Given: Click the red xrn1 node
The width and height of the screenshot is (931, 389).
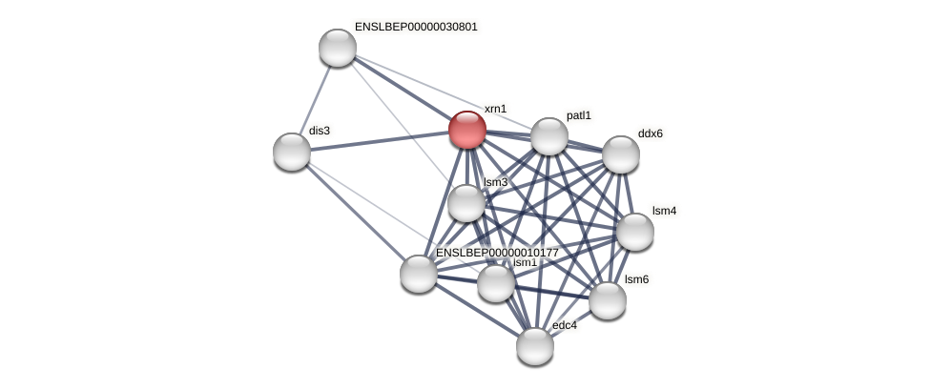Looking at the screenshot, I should click(467, 130).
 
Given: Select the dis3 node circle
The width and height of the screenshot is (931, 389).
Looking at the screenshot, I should click(292, 152).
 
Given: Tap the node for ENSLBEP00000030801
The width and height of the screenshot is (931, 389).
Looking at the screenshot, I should click(338, 48).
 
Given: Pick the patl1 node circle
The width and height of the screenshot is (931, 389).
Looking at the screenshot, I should click(549, 136).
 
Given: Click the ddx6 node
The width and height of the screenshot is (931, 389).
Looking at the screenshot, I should click(621, 154).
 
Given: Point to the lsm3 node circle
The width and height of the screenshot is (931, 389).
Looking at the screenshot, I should click(466, 203).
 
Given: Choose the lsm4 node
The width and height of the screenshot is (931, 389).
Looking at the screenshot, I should click(635, 232).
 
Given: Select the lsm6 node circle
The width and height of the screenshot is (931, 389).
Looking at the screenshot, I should click(608, 300).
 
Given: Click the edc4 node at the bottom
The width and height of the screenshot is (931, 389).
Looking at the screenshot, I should click(535, 346).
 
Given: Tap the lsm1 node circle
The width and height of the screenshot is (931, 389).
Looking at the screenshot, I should click(496, 283).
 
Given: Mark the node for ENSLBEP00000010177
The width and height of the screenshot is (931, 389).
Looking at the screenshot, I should click(419, 274).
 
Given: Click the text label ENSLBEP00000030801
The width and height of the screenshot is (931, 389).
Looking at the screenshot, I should click(416, 27).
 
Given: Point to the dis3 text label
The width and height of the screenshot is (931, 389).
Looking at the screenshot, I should click(320, 131).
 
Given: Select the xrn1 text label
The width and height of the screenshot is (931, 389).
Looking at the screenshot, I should click(495, 109).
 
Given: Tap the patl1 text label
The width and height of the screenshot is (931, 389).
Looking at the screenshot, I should click(578, 115).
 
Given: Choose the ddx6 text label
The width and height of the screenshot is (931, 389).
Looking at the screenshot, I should click(651, 133).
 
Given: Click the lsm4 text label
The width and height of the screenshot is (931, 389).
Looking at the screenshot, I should click(664, 211).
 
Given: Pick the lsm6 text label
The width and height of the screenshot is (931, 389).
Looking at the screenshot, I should click(636, 279).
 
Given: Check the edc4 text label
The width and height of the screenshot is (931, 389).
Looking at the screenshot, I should click(565, 325).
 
